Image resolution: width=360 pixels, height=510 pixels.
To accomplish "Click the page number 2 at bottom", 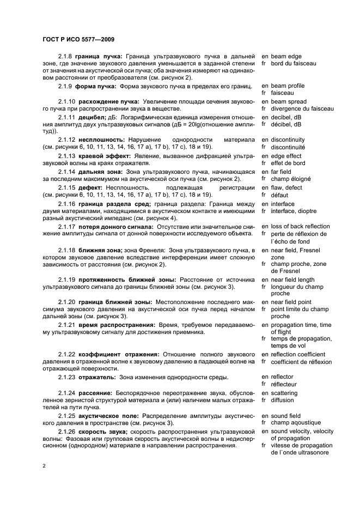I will pos(44,465).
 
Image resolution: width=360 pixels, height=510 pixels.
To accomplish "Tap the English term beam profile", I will pos(288,86).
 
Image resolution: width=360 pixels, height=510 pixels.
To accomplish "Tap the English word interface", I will pos(283,203).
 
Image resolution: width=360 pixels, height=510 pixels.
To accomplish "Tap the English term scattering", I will pos(285,392).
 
